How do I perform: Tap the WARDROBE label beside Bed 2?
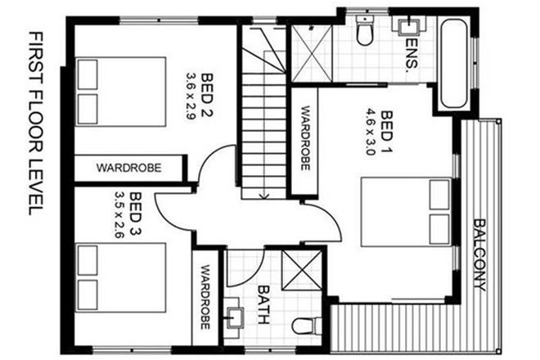pos(128,168)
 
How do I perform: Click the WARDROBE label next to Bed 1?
pos(304,137)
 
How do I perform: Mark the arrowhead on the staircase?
pos(263,195)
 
